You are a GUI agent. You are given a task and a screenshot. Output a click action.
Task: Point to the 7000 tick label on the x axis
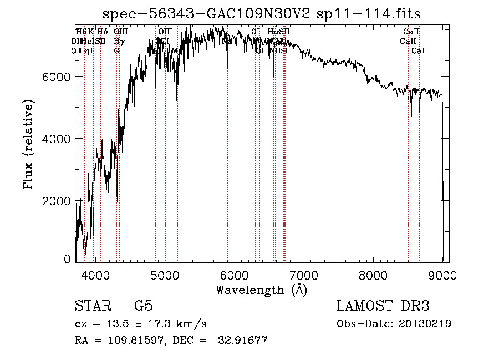pyautogui.click(x=304, y=275)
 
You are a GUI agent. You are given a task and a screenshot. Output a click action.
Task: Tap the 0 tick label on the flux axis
pyautogui.click(x=67, y=259)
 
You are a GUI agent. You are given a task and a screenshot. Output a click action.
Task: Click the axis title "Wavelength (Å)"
pyautogui.click(x=261, y=290)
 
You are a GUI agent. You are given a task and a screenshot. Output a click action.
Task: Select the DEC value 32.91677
pyautogui.click(x=244, y=341)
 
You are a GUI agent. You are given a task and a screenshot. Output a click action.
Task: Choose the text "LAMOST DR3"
pyautogui.click(x=383, y=306)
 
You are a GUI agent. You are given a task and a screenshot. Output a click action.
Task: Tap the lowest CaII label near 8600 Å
pyautogui.click(x=419, y=51)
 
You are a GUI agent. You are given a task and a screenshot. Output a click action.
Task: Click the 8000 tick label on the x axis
pyautogui.click(x=373, y=275)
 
